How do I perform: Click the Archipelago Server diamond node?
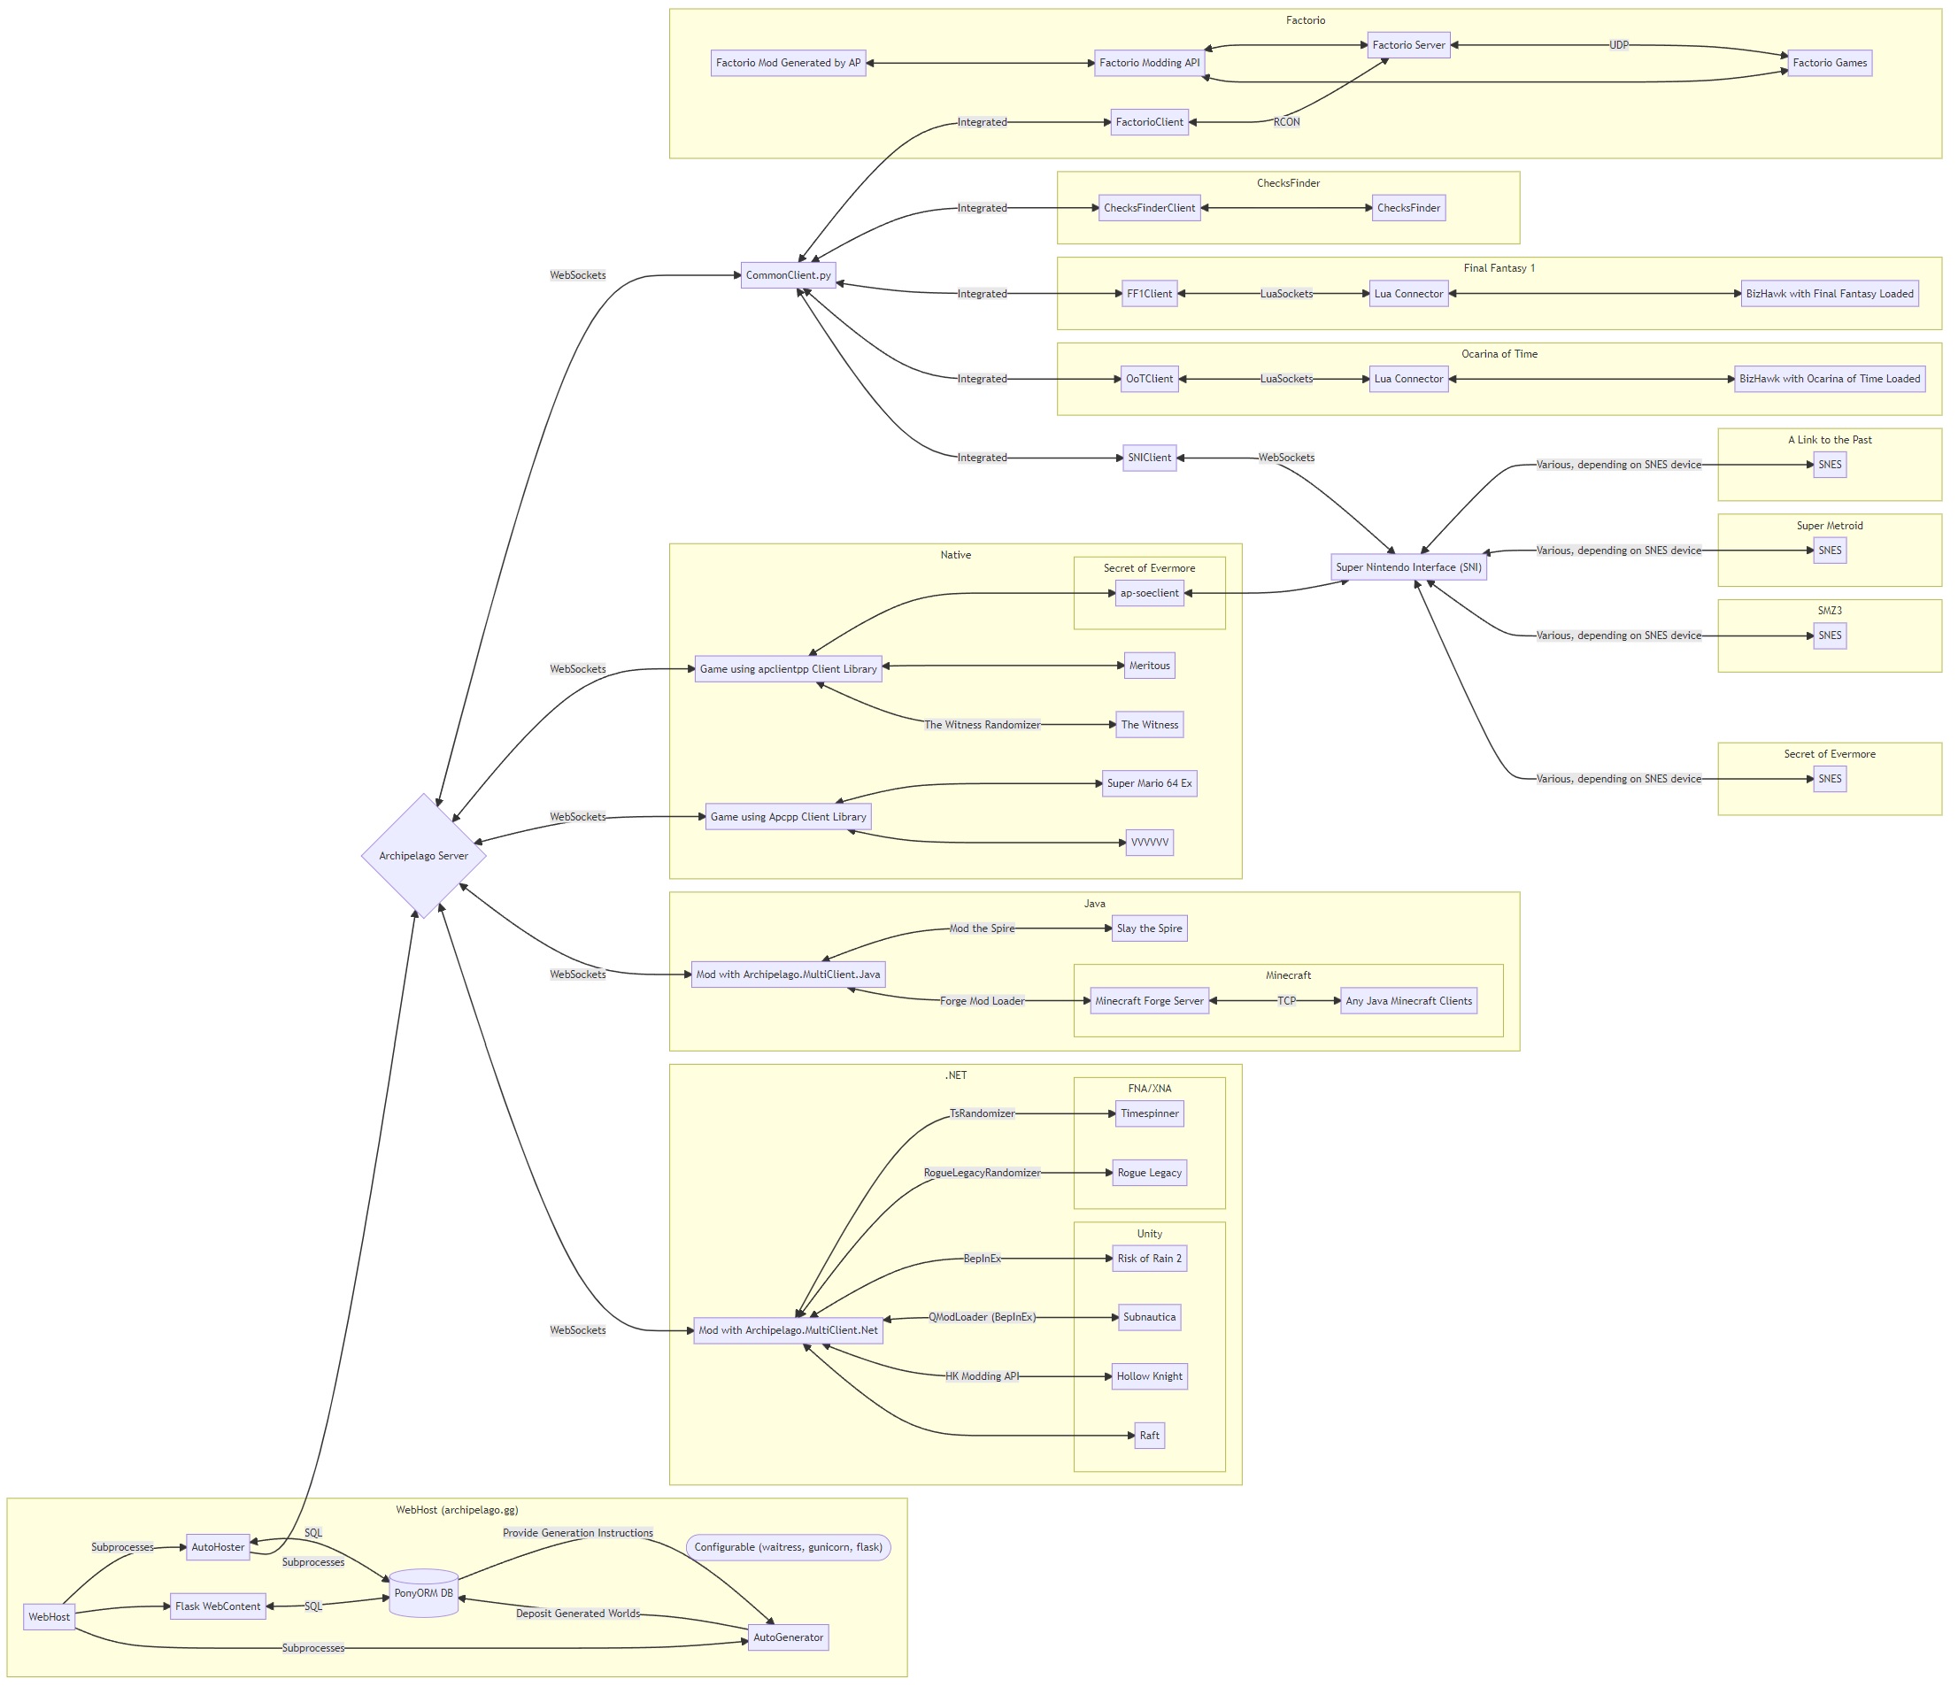[423, 855]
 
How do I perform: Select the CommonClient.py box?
[788, 275]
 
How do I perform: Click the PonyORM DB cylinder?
[423, 1592]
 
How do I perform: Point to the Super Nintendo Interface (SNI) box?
[1408, 567]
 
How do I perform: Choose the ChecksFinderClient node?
[1149, 208]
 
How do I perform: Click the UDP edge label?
[1619, 45]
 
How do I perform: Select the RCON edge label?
[1286, 122]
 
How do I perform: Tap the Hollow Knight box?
[1149, 1376]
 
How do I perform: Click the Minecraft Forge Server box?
[1149, 1001]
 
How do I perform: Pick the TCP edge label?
[1286, 1001]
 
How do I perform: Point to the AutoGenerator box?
[788, 1637]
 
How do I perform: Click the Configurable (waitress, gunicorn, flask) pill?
[788, 1547]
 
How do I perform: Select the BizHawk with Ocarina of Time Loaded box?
[1830, 379]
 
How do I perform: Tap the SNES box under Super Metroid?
[1830, 550]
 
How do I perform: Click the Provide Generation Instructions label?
[577, 1533]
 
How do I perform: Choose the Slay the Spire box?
[1149, 928]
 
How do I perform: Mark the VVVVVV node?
[1149, 842]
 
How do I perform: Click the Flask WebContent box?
[218, 1606]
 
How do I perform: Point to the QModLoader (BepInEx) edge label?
[982, 1316]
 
